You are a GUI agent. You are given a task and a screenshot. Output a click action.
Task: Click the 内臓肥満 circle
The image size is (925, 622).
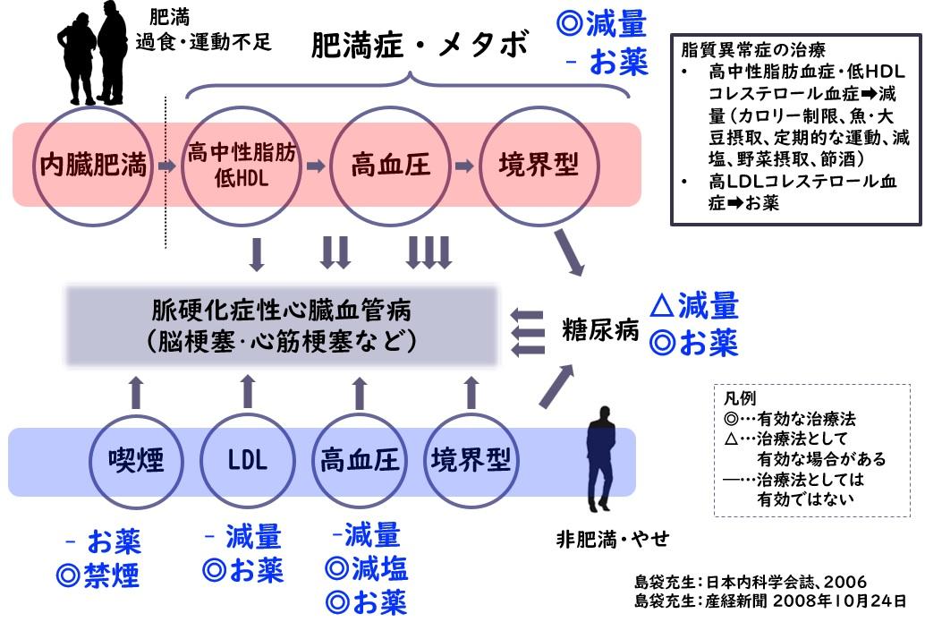pyautogui.click(x=93, y=166)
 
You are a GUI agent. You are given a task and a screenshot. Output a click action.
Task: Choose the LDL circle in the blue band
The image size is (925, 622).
pyautogui.click(x=247, y=460)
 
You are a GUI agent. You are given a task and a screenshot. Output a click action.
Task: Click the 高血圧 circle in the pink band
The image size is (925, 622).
pyautogui.click(x=390, y=166)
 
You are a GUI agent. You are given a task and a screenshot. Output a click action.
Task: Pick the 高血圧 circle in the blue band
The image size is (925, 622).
pyautogui.click(x=359, y=460)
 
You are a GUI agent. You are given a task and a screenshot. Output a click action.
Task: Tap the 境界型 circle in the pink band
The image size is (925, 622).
pyautogui.click(x=538, y=166)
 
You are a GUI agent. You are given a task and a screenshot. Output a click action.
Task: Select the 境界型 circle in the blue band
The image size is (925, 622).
pyautogui.click(x=470, y=460)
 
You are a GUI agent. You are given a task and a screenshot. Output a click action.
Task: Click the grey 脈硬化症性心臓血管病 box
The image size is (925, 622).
pyautogui.click(x=282, y=326)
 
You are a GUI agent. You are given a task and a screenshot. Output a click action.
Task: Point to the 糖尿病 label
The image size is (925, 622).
pyautogui.click(x=600, y=329)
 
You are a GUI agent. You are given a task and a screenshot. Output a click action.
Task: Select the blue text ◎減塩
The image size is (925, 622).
pyautogui.click(x=367, y=569)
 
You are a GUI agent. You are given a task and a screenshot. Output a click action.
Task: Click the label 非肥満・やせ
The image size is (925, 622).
pyautogui.click(x=612, y=540)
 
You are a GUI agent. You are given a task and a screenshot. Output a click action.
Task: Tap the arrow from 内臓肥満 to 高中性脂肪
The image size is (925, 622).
pyautogui.click(x=166, y=166)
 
